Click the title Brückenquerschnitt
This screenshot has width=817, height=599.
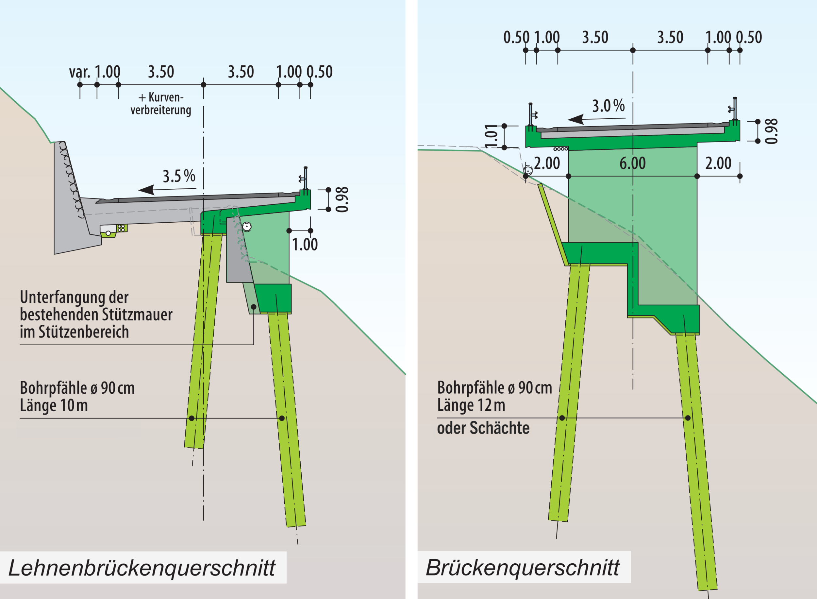(523, 568)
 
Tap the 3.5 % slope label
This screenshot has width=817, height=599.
(179, 176)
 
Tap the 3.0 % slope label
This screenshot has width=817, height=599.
(608, 106)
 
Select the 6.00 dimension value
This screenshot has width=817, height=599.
(633, 163)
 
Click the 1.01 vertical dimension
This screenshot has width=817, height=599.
(491, 136)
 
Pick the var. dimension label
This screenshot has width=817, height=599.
(79, 72)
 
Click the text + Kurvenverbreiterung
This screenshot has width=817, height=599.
(161, 104)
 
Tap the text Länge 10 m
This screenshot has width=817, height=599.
(54, 405)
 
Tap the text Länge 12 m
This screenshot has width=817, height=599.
(471, 405)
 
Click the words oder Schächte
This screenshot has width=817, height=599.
(483, 428)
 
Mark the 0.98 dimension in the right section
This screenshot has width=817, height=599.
(771, 131)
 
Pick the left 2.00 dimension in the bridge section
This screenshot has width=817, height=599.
(547, 163)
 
